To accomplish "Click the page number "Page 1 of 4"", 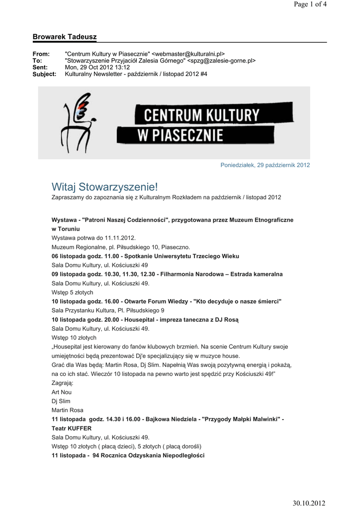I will pyautogui.click(x=310, y=4).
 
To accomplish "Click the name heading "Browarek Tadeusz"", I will pyautogui.click(x=65, y=37).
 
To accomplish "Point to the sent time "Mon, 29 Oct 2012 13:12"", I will pyautogui.click(x=97, y=67).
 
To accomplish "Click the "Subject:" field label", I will pyautogui.click(x=44, y=74).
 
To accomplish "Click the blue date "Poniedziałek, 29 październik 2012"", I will pyautogui.click(x=265, y=165).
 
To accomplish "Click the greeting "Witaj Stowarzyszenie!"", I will pyautogui.click(x=105, y=187).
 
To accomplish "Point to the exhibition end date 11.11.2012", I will pyautogui.click(x=119, y=238).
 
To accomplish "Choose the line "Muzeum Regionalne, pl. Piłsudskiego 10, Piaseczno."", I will pyautogui.click(x=121, y=247).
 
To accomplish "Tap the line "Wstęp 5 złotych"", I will pyautogui.click(x=73, y=292).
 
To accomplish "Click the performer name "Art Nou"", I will pyautogui.click(x=62, y=392).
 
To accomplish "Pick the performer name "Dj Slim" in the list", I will pyautogui.click(x=61, y=401).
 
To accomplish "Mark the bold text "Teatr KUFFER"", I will pyautogui.click(x=72, y=428).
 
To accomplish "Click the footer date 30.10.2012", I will pyautogui.click(x=309, y=504).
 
